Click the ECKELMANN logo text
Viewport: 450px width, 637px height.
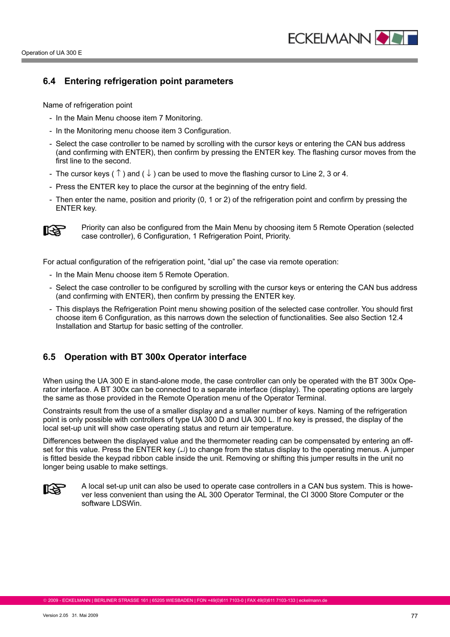(x=329, y=38)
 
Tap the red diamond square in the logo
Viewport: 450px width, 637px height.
(x=382, y=38)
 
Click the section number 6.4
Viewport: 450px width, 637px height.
(x=49, y=81)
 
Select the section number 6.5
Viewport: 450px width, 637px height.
(x=49, y=357)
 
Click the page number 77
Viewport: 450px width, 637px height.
(x=414, y=616)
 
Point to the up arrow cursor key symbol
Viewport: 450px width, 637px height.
(x=118, y=173)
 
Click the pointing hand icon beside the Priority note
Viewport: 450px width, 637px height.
(x=55, y=230)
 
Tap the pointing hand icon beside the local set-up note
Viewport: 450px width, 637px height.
(x=55, y=489)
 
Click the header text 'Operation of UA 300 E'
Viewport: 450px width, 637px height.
(x=51, y=53)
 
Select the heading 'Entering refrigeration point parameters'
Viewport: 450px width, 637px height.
(x=148, y=81)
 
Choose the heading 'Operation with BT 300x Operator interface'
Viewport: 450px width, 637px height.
(x=155, y=357)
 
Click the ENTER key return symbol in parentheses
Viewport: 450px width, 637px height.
(x=183, y=451)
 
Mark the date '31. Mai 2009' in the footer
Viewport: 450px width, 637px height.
(x=85, y=615)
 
